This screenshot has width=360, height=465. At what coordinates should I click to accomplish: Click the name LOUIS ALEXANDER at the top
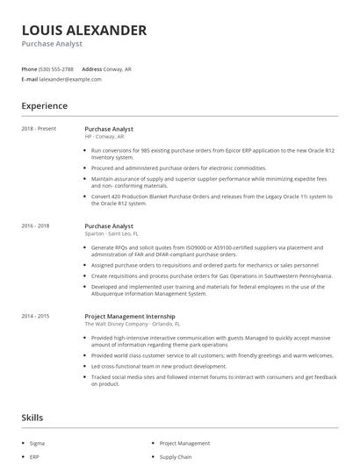tap(83, 31)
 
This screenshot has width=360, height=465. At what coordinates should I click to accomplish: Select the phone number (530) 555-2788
tap(56, 68)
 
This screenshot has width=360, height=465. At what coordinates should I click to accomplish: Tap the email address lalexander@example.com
tap(70, 79)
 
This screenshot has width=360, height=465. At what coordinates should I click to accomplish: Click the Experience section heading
tap(44, 106)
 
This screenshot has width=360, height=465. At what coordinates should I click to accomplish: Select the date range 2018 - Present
tap(39, 129)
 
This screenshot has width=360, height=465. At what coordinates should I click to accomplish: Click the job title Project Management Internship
tap(129, 316)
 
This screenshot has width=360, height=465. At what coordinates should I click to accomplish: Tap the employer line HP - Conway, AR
tap(104, 137)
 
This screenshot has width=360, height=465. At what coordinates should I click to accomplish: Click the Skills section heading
tap(32, 418)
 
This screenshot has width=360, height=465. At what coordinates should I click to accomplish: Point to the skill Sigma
tap(38, 444)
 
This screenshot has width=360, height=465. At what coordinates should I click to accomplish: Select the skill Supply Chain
tap(176, 457)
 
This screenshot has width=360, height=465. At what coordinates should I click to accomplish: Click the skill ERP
tap(34, 457)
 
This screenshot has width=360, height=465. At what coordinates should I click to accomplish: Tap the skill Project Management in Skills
tap(184, 444)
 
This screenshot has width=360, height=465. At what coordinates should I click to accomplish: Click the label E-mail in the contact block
tap(30, 79)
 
